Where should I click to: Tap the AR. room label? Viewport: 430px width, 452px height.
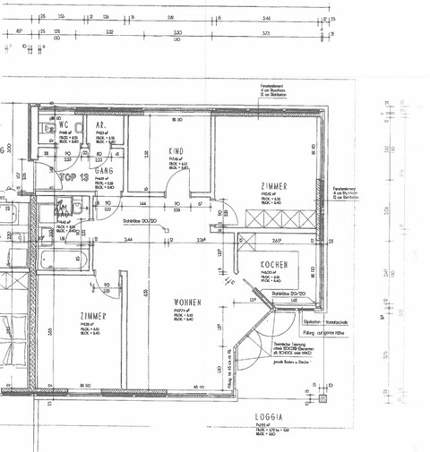point(103,126)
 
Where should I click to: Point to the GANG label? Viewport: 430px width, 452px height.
point(103,169)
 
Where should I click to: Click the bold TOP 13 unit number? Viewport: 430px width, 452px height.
point(71,177)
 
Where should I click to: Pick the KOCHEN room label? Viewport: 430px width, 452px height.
point(273,267)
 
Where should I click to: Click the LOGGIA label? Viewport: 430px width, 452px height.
point(268,417)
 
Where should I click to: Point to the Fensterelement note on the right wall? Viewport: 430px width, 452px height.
point(348,193)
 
